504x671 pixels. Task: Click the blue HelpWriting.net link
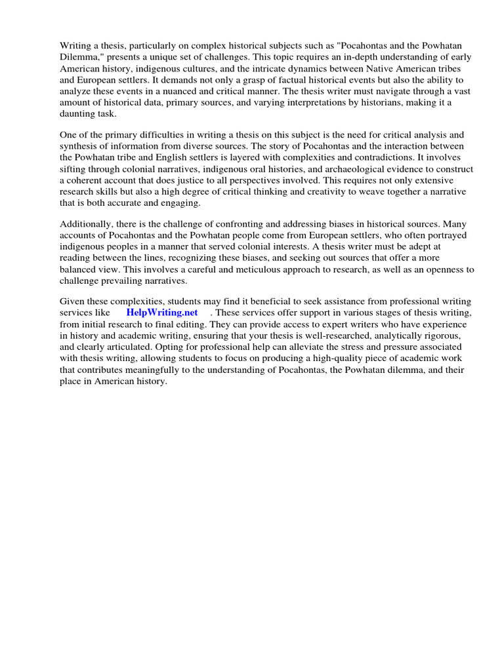pyautogui.click(x=162, y=313)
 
